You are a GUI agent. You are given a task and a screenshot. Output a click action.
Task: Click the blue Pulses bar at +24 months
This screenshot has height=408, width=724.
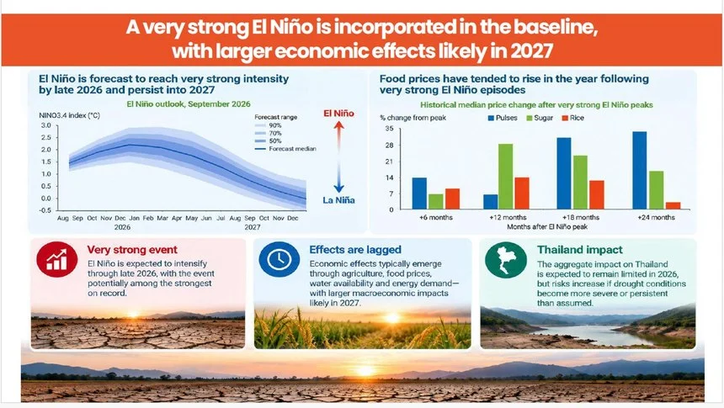pyautogui.click(x=640, y=170)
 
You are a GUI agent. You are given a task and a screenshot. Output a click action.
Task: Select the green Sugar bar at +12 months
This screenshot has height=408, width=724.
pyautogui.click(x=505, y=177)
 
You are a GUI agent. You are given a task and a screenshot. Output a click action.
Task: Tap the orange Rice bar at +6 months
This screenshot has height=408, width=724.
pyautogui.click(x=453, y=199)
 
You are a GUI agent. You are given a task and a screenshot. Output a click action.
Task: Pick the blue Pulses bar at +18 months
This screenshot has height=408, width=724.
pyautogui.click(x=564, y=173)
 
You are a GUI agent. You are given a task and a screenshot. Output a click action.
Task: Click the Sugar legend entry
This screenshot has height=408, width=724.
pyautogui.click(x=540, y=118)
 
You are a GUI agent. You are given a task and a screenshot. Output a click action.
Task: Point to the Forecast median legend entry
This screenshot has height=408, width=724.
pyautogui.click(x=285, y=149)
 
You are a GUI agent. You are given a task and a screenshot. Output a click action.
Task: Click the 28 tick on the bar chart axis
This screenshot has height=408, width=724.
pyautogui.click(x=389, y=146)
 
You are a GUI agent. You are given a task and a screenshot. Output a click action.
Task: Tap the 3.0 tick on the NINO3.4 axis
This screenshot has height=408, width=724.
pyautogui.click(x=46, y=125)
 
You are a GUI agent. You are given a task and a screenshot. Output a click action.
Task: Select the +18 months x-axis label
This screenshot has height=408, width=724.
pyautogui.click(x=580, y=217)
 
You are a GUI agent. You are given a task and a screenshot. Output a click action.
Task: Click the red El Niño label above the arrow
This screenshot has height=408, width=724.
pyautogui.click(x=338, y=114)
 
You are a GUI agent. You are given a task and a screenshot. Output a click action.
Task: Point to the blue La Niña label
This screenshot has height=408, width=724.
pyautogui.click(x=338, y=200)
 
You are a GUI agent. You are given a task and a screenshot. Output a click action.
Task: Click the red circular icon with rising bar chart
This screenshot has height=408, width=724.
pyautogui.click(x=56, y=259)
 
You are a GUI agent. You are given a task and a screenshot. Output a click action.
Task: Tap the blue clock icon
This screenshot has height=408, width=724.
pyautogui.click(x=279, y=259)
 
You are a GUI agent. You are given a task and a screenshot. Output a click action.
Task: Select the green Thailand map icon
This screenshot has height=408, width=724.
pyautogui.click(x=506, y=260)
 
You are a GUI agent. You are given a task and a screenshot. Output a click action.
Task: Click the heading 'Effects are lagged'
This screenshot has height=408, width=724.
pyautogui.click(x=355, y=250)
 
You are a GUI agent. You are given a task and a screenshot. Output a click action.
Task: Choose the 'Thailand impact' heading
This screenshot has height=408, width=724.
pyautogui.click(x=579, y=250)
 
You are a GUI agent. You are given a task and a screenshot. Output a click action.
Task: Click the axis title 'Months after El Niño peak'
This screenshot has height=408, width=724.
pyautogui.click(x=547, y=227)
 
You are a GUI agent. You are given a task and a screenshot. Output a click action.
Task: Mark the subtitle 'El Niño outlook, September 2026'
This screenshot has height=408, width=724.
pyautogui.click(x=189, y=104)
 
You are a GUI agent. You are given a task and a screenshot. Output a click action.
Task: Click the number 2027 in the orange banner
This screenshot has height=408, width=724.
pyautogui.click(x=531, y=50)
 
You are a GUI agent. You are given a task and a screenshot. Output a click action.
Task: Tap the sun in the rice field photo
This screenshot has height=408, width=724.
pyautogui.click(x=392, y=318)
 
